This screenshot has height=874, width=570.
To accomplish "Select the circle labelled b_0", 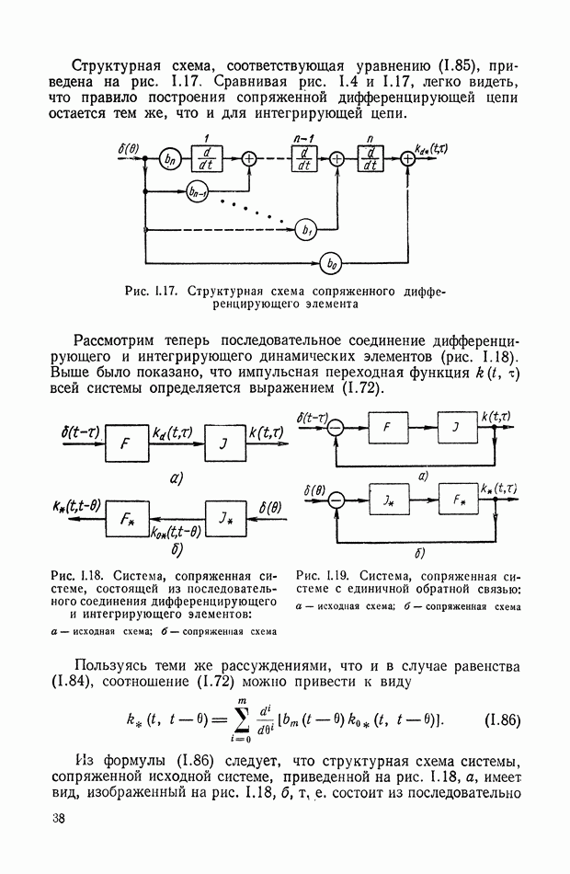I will (330, 264).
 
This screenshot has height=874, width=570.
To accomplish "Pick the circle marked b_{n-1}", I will (196, 192).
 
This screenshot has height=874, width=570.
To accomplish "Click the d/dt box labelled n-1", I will (302, 158).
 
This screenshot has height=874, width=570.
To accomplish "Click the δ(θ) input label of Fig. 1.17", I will (129, 146).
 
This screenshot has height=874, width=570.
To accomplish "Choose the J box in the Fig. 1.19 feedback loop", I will (454, 430).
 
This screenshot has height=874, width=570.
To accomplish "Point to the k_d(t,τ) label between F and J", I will (172, 431).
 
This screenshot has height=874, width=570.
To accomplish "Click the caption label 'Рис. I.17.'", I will (152, 292).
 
